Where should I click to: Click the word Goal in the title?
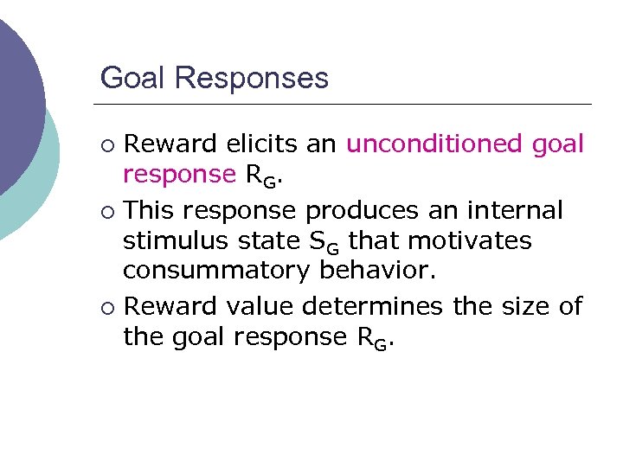[x=132, y=78]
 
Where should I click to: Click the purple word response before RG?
[x=179, y=176]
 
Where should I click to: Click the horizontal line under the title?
[x=346, y=104]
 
